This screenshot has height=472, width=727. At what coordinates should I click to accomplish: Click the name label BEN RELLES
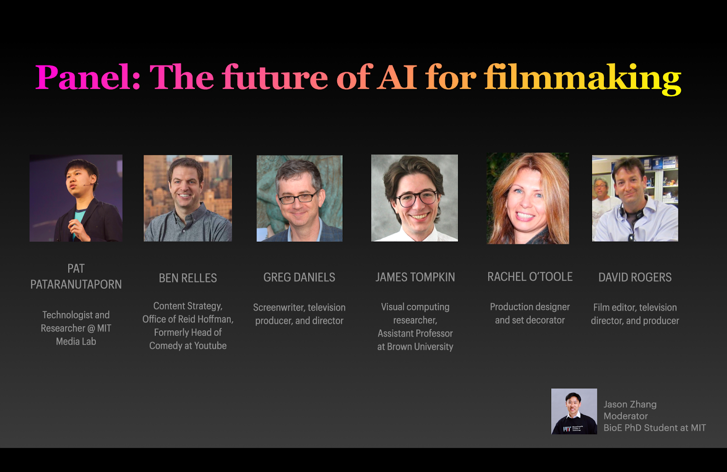coord(188,278)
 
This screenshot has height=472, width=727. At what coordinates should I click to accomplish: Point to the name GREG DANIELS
coord(299,278)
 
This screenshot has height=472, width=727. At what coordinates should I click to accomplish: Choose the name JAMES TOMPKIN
coord(415,278)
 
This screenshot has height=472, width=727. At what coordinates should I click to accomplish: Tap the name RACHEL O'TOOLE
coord(530,277)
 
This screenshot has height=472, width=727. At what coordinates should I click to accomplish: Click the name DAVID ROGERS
coord(635,278)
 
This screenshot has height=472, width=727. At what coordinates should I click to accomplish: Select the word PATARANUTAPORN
coord(76,284)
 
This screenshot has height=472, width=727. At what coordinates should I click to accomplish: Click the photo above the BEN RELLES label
coord(188,198)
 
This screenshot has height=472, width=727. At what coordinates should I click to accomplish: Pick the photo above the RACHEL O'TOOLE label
coord(528,198)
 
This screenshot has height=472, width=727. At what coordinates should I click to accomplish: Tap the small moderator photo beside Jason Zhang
coord(574,411)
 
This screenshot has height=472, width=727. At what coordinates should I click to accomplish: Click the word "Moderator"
coord(625,416)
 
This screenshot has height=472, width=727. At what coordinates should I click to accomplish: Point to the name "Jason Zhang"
coord(630,404)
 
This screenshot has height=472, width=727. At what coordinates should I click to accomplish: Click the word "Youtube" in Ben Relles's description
coord(210,346)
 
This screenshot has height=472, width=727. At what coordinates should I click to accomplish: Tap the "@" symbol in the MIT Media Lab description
coord(91,328)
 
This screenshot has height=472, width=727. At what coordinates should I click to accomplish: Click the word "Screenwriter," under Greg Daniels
coord(279,308)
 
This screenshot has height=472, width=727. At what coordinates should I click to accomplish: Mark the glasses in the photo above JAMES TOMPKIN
coord(416,198)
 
